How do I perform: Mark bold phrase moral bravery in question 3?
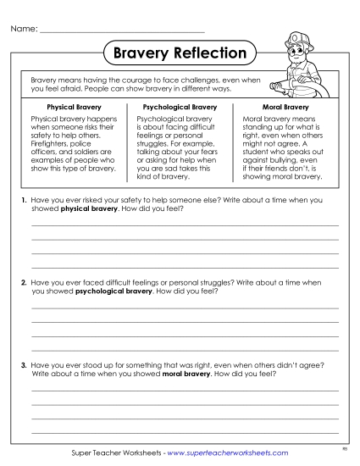pyautogui.click(x=186, y=373)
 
